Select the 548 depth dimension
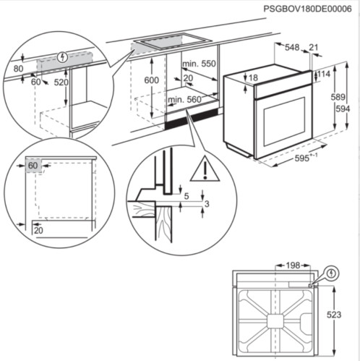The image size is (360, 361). point(292,48)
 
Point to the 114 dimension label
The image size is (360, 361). point(323,75)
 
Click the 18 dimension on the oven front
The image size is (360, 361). point(252,77)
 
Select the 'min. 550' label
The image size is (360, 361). point(200,64)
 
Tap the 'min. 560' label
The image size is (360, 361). point(185,98)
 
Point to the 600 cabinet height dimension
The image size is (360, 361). point(151,80)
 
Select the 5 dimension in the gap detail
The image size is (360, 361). point(185,195)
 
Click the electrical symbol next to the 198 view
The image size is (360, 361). point(332,273)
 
